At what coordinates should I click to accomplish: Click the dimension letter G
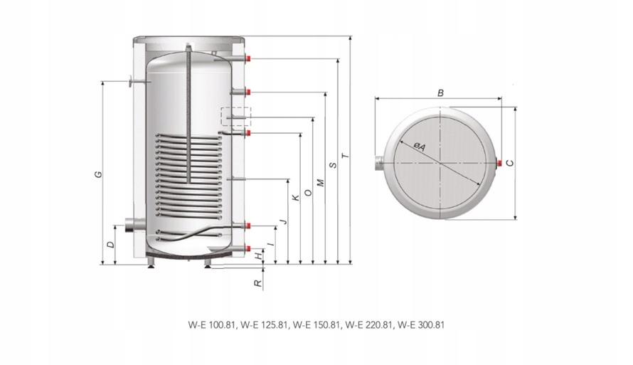click(97, 174)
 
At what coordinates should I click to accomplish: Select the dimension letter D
click(110, 245)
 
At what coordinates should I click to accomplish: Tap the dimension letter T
click(345, 156)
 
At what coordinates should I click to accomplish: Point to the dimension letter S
click(333, 165)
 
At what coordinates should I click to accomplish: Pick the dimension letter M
click(321, 182)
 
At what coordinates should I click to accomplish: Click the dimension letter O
click(309, 193)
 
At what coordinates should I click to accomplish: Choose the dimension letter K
click(296, 198)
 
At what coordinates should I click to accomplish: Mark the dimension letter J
click(284, 221)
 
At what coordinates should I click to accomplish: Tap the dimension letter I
click(272, 244)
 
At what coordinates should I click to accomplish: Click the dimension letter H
click(259, 255)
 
